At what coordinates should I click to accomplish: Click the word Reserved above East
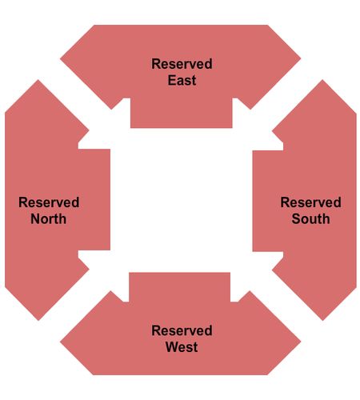(182, 64)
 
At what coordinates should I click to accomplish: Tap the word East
(182, 80)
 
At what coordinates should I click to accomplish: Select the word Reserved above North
(49, 202)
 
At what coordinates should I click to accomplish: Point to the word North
(49, 218)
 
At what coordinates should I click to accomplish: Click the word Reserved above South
(310, 202)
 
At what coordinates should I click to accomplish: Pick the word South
(310, 218)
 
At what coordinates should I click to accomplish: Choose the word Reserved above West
(182, 330)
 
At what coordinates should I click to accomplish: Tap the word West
(182, 347)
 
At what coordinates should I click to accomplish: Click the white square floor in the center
(182, 200)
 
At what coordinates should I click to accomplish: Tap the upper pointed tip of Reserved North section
(38, 80)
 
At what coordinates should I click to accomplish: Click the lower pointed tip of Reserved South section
(322, 320)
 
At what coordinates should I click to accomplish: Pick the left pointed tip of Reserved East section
(61, 58)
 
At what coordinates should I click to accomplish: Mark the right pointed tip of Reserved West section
(301, 342)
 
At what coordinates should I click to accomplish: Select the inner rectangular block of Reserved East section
(182, 113)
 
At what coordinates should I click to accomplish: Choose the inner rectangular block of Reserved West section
(180, 287)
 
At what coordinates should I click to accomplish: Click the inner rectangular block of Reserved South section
(268, 201)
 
